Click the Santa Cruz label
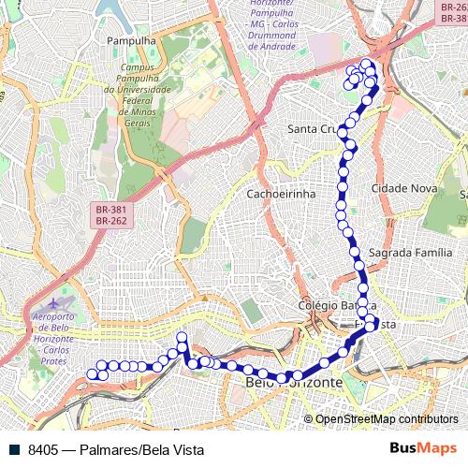[x=314, y=128]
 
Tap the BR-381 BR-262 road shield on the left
[x=111, y=216]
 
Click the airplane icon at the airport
[x=62, y=303]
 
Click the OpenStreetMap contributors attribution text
[x=386, y=418]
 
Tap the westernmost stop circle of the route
[x=92, y=375]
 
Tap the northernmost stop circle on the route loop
[x=366, y=64]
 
